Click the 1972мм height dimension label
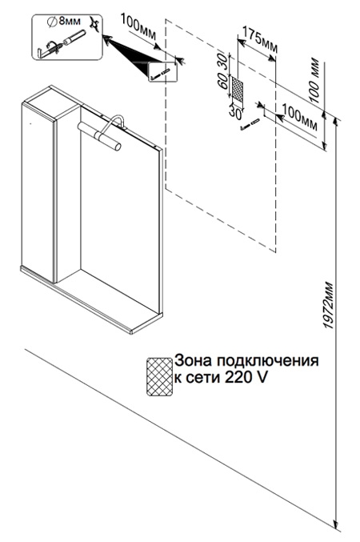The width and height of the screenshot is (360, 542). coord(329,306)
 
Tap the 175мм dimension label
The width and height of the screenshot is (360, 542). coord(260,39)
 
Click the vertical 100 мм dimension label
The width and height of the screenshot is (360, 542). coord(315,82)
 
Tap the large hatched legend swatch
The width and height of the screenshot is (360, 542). coord(159,377)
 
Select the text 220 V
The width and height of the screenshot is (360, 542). coord(246,377)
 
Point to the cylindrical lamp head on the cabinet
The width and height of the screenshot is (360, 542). coord(99,136)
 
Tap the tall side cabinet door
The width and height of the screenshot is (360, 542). coord(38,191)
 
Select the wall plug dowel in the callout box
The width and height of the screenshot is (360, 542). coord(74,38)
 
